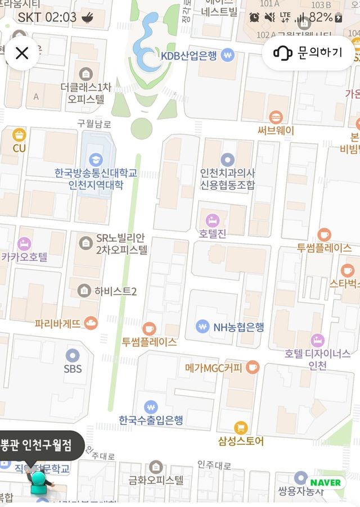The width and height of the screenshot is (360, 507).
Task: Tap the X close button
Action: click(22, 53)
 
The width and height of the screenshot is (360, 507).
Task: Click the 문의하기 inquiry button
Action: click(308, 53)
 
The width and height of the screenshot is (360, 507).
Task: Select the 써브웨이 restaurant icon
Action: click(276, 117)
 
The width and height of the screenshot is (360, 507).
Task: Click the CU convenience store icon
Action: click(20, 135)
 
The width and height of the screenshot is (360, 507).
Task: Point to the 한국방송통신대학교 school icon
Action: click(96, 159)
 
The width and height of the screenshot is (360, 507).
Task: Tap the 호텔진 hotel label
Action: click(213, 234)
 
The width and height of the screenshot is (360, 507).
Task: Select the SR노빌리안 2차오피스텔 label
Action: click(121, 245)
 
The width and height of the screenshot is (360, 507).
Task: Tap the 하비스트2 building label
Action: click(115, 291)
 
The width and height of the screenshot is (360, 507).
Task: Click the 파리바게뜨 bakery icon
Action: click(91, 323)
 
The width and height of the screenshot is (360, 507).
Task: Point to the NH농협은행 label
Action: click(238, 327)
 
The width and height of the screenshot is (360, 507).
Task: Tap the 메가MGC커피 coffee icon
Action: click(253, 368)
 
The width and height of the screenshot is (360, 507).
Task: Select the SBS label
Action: click(73, 369)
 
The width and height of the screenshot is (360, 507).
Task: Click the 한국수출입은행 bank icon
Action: click(151, 406)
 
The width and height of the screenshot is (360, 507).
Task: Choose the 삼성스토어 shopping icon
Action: click(241, 428)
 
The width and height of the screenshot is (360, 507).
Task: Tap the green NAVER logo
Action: click(325, 482)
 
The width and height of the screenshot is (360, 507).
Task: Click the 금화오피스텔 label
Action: click(156, 480)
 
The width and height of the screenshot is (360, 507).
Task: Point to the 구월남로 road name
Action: click(94, 124)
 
